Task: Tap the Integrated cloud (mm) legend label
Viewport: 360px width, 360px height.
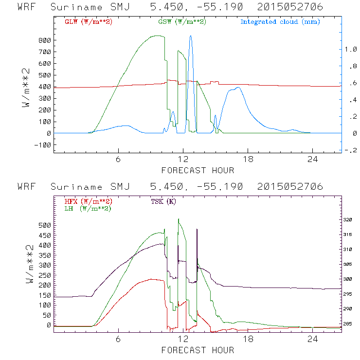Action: coord(280,22)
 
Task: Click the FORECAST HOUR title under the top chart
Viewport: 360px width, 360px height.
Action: coord(198,170)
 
